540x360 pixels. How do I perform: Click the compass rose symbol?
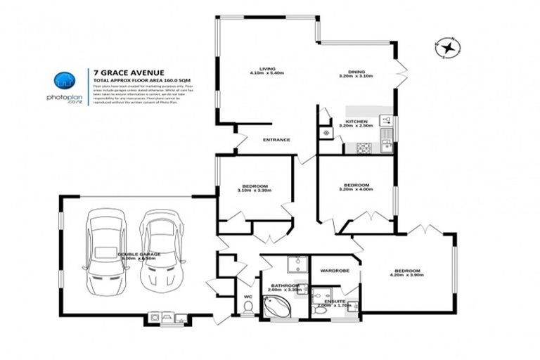coord(446,47)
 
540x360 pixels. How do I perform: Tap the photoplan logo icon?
coord(65,81)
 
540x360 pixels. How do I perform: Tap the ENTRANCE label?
coord(276,139)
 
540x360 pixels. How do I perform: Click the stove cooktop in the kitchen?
coord(364,148)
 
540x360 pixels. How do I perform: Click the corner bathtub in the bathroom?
coord(275,306)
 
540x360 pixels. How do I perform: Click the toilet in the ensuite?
coord(321,310)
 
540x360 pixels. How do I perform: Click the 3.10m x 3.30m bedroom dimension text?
coord(254,191)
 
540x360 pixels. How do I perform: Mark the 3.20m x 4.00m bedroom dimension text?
coord(354,191)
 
